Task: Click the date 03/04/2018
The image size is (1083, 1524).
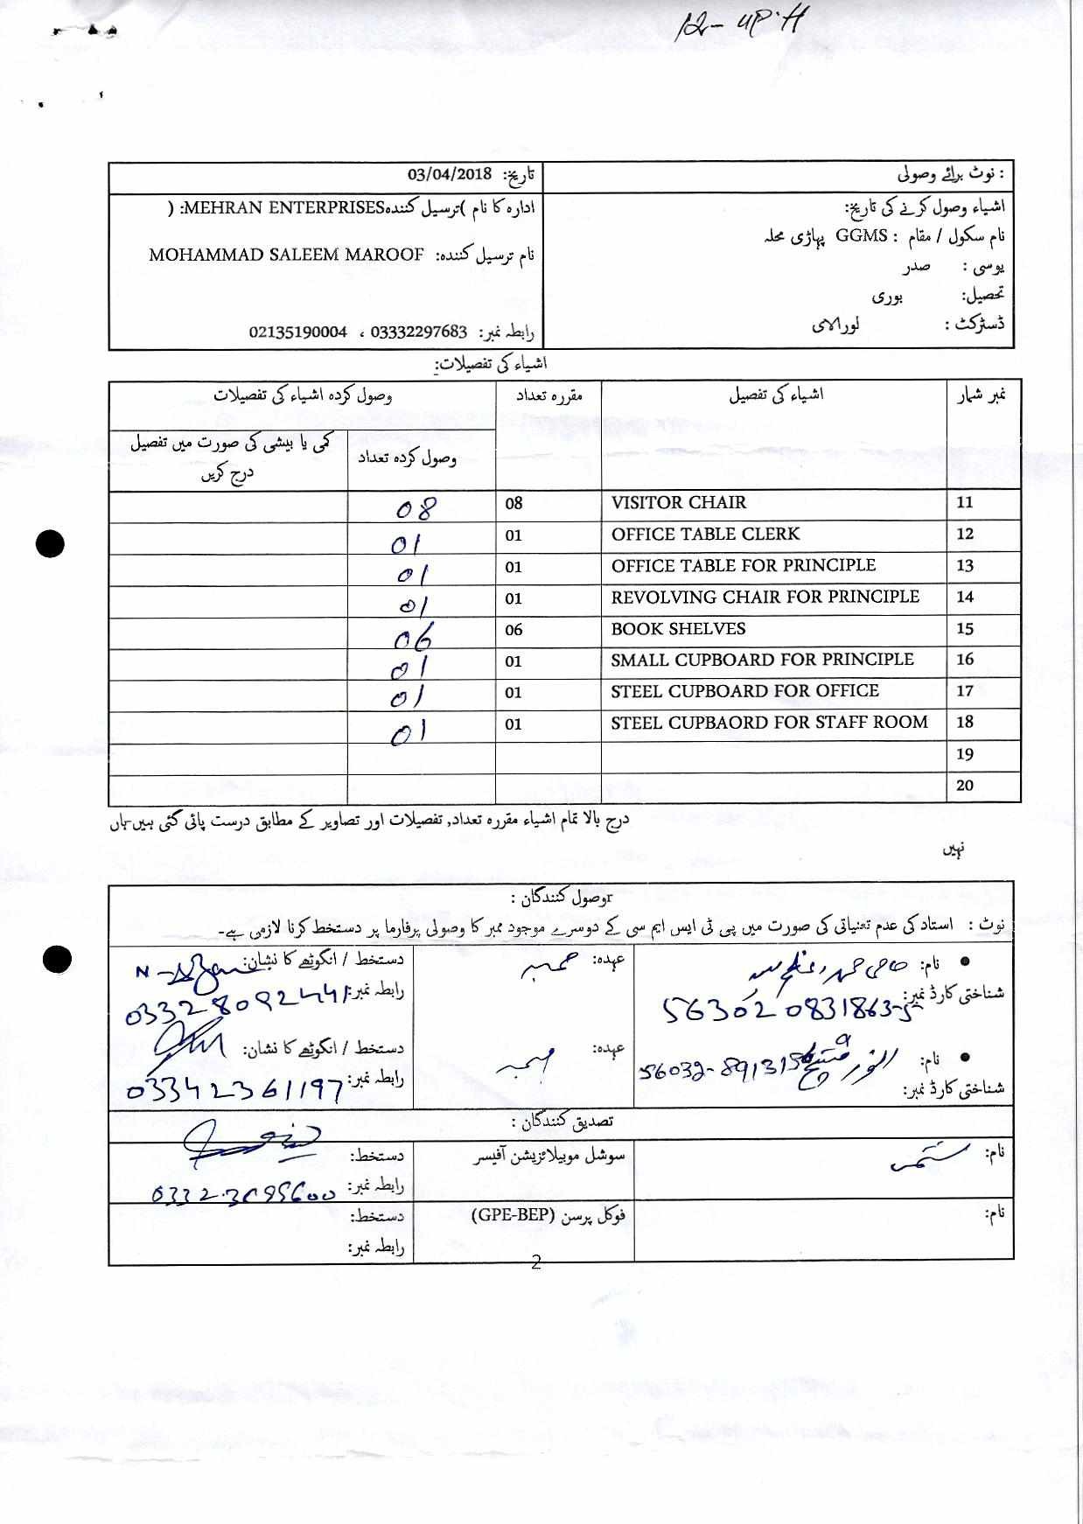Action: tap(449, 175)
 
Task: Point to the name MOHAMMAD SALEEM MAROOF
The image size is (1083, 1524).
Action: tap(286, 255)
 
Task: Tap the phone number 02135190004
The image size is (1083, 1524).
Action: tap(297, 332)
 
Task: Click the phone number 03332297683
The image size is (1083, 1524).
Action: tap(419, 332)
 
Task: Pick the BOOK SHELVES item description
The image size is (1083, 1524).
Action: tap(678, 629)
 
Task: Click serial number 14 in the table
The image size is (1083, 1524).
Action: tap(965, 598)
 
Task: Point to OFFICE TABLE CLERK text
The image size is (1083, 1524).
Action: tap(705, 535)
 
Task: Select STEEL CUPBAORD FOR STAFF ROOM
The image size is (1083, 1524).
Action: tap(769, 723)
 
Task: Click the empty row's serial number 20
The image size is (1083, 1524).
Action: tap(965, 786)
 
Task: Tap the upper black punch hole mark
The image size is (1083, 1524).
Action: tap(51, 544)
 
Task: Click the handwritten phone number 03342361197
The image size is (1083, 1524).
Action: tap(234, 1090)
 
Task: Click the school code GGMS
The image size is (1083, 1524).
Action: tap(862, 235)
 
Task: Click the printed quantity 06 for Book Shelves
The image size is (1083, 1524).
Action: tap(514, 630)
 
